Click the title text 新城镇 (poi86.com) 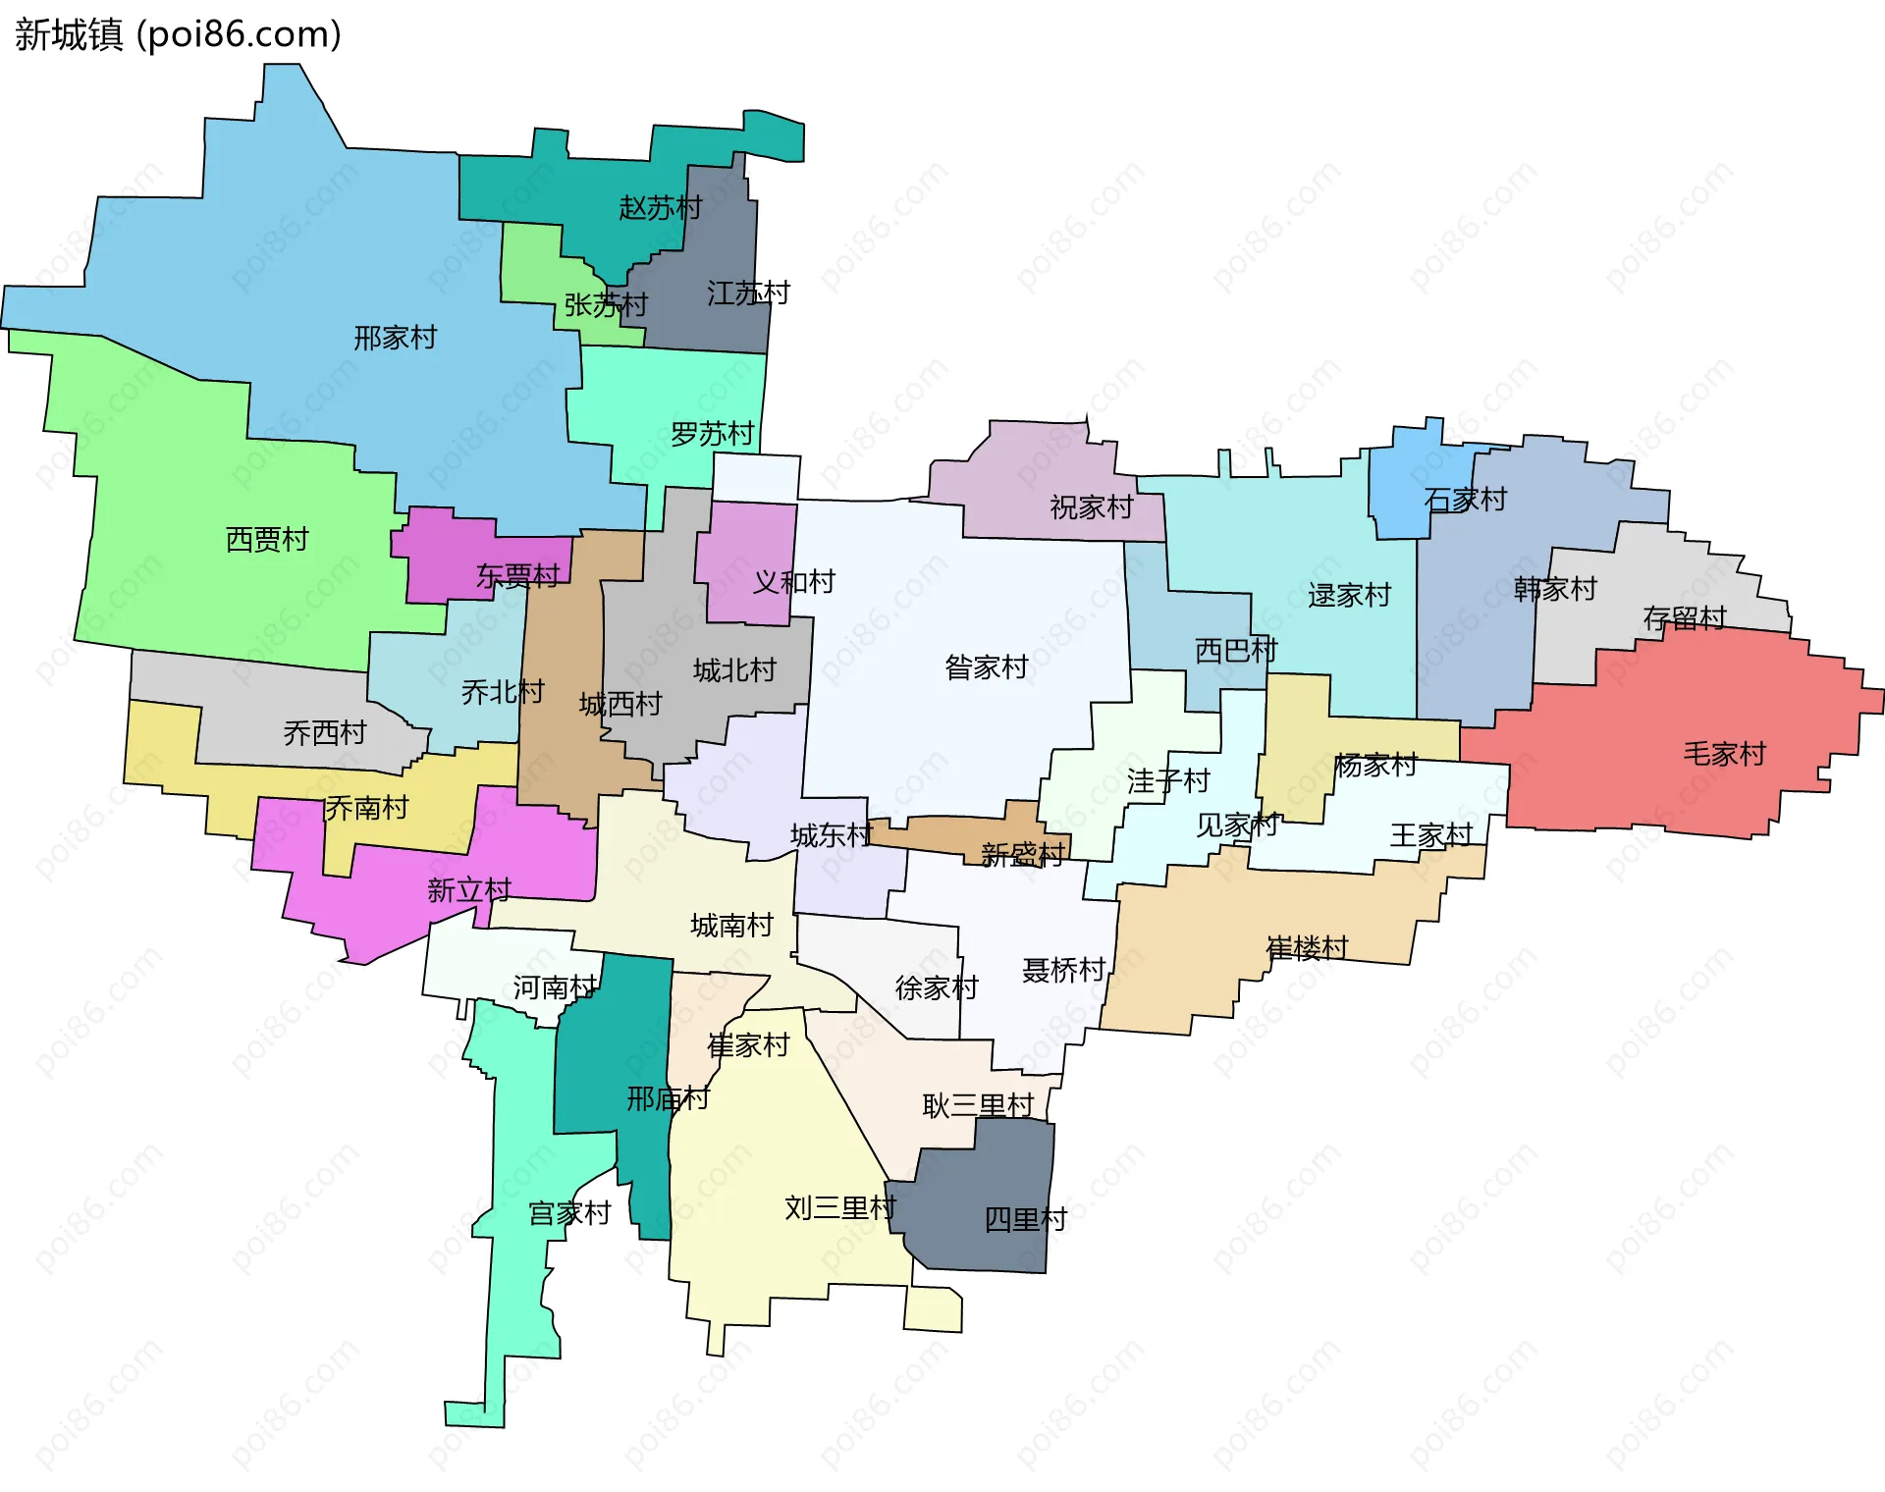coord(178,34)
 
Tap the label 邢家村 coord(395,339)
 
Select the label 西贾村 coord(267,540)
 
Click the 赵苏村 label coord(660,208)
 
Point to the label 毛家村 coord(1724,754)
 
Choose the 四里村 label coord(1025,1220)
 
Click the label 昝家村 coord(986,668)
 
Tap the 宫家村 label coord(569,1214)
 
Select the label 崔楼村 coord(1307,948)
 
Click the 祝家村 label coord(1091,507)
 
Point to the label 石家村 coord(1465,500)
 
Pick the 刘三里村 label coord(839,1208)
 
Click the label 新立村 coord(468,890)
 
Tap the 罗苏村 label coord(712,434)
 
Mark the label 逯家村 coord(1349,596)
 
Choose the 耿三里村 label coord(978,1106)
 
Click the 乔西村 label coord(324,733)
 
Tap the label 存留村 coord(1684,618)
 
